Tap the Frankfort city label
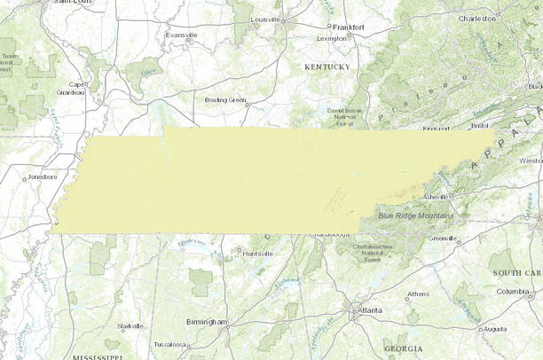(x=348, y=27)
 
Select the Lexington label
(x=331, y=39)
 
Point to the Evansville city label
(x=179, y=35)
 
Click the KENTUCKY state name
(x=327, y=67)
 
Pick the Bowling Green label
(x=224, y=100)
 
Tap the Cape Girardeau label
(x=71, y=89)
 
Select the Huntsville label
(x=258, y=254)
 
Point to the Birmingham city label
(x=207, y=321)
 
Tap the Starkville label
(x=130, y=326)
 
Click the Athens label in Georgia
(x=418, y=294)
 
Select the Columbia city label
(x=512, y=292)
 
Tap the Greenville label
(x=442, y=239)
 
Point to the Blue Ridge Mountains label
(x=416, y=215)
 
